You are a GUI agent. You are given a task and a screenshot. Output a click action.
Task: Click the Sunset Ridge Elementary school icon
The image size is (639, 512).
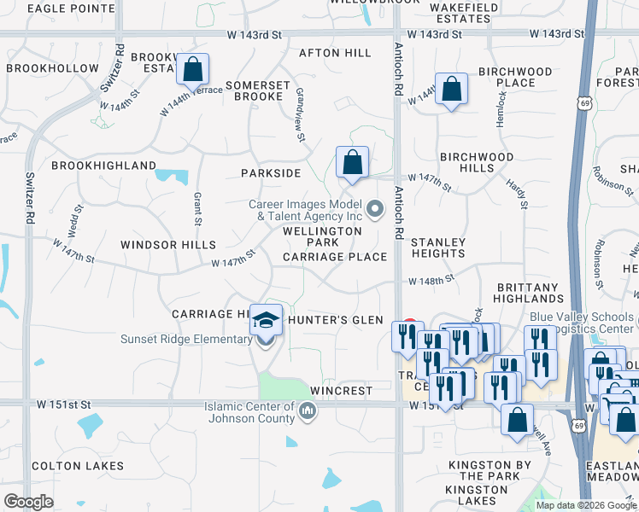click(266, 321)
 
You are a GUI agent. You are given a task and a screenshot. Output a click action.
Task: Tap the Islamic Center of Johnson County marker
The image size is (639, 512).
click(308, 413)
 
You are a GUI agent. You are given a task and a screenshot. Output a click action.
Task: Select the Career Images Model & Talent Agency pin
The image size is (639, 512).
click(374, 209)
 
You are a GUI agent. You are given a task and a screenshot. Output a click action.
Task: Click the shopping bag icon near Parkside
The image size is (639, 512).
click(352, 161)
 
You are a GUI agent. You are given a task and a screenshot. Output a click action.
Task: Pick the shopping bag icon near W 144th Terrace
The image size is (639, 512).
click(193, 69)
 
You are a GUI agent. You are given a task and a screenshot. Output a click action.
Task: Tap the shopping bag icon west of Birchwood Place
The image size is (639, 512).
click(451, 88)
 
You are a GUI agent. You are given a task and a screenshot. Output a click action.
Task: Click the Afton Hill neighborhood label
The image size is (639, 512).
click(335, 53)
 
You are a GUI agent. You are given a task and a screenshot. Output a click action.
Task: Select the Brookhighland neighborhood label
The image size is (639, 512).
click(103, 166)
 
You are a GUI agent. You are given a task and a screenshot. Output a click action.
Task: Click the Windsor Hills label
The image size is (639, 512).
click(168, 245)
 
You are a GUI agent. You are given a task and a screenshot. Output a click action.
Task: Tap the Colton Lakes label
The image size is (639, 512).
click(78, 466)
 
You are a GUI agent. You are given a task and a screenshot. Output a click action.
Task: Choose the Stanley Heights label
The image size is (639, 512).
click(438, 248)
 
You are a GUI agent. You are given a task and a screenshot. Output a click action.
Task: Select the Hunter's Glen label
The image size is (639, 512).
click(336, 319)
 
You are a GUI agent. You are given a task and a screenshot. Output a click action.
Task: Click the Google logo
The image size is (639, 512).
click(28, 502)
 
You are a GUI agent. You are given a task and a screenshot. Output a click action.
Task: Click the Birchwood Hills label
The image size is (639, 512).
click(477, 162)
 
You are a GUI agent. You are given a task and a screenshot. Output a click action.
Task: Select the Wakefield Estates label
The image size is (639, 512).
click(463, 12)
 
